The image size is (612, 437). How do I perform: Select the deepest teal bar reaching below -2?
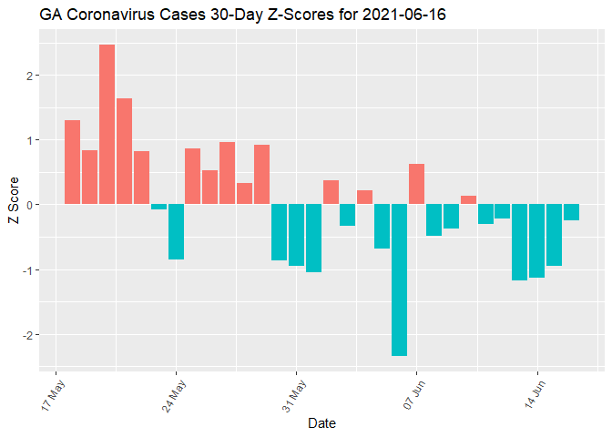point(399,279)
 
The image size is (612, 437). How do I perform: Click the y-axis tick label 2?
point(33,75)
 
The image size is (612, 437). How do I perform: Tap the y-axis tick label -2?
point(30,335)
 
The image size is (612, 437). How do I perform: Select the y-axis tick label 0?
point(33,205)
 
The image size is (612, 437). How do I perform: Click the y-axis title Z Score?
point(12,205)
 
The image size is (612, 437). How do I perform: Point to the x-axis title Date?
point(322,423)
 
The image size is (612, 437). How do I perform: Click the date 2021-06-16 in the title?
point(401,15)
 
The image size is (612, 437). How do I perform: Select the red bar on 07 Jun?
point(416,184)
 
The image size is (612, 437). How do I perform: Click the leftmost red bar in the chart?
point(72,162)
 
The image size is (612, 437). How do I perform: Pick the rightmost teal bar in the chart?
point(571,212)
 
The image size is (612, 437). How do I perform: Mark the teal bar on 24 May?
point(176,231)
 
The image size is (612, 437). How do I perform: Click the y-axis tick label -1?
point(30,270)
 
